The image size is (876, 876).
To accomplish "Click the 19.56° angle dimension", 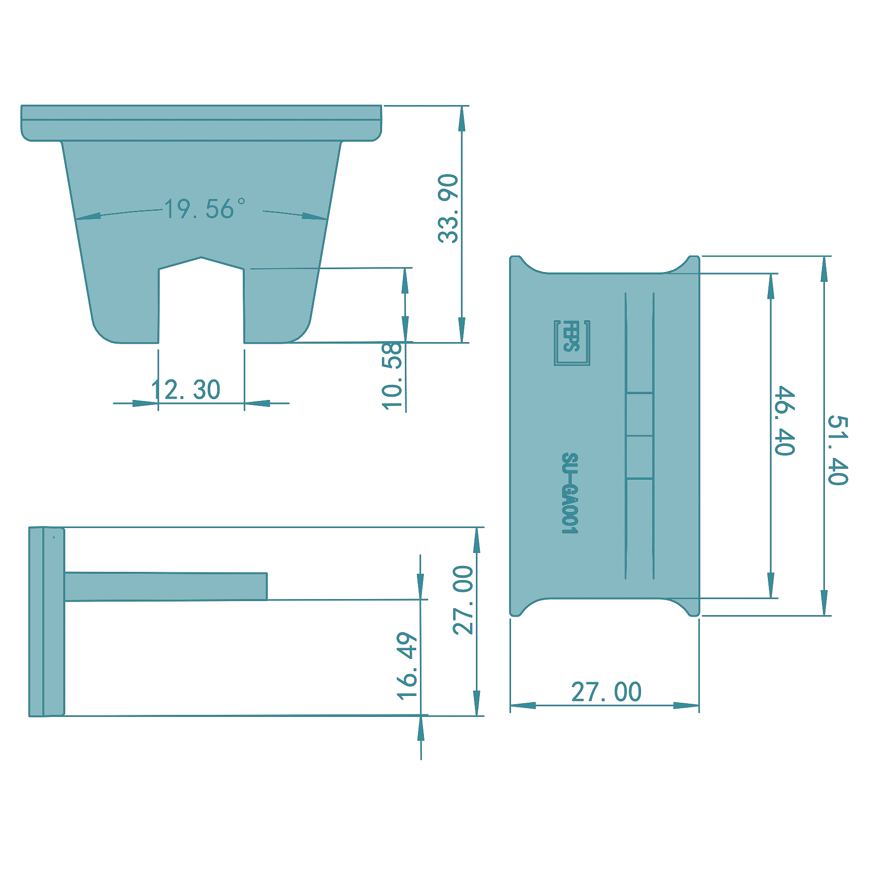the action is point(205,209).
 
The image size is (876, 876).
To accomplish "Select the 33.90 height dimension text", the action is point(448,208).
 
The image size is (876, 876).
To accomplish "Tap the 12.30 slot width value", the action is point(186,390).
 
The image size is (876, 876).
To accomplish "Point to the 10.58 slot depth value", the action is point(392,376).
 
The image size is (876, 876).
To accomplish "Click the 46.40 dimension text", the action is point(785,421).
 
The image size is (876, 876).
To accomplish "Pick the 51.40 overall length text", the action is point(838,450).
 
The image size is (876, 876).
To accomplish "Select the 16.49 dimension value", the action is point(407,666).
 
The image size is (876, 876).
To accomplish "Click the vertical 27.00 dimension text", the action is point(463,600).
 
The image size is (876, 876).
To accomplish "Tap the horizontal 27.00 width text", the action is point(606,692).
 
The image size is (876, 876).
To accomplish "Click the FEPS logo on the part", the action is point(572,343).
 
